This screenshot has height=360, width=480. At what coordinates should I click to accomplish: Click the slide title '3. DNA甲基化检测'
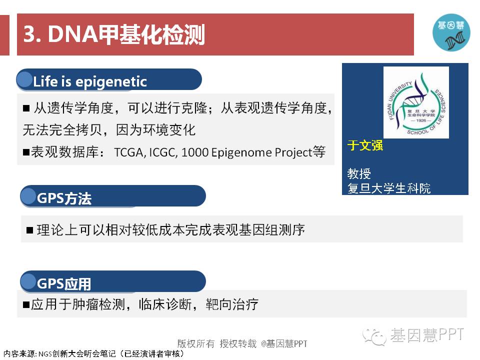114,34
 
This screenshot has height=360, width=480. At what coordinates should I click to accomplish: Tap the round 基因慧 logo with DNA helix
451,32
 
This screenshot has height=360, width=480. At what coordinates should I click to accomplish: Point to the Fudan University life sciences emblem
416,102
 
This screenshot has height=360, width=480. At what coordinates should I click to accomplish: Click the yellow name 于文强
365,145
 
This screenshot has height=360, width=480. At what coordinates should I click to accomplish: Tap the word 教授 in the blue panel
359,173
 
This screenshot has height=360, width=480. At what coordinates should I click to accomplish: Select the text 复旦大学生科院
389,188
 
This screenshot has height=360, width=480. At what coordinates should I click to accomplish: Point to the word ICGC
163,152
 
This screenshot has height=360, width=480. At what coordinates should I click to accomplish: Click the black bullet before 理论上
29,230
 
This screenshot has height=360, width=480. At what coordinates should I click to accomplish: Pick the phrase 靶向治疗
232,304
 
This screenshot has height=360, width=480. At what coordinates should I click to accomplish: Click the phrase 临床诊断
165,304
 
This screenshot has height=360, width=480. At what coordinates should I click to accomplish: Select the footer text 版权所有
196,343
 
